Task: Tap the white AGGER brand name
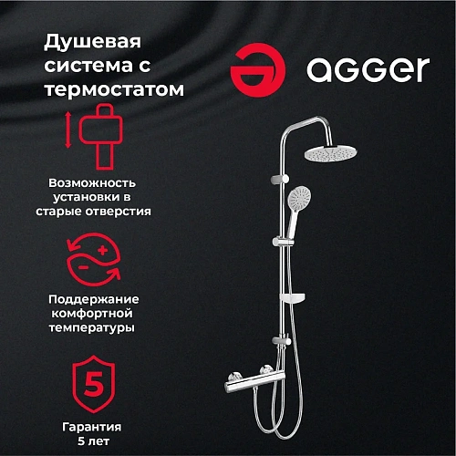(367, 70)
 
